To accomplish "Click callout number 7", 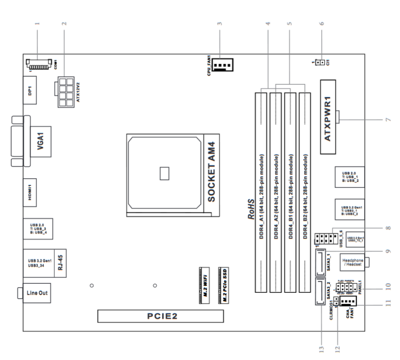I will (387, 119).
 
